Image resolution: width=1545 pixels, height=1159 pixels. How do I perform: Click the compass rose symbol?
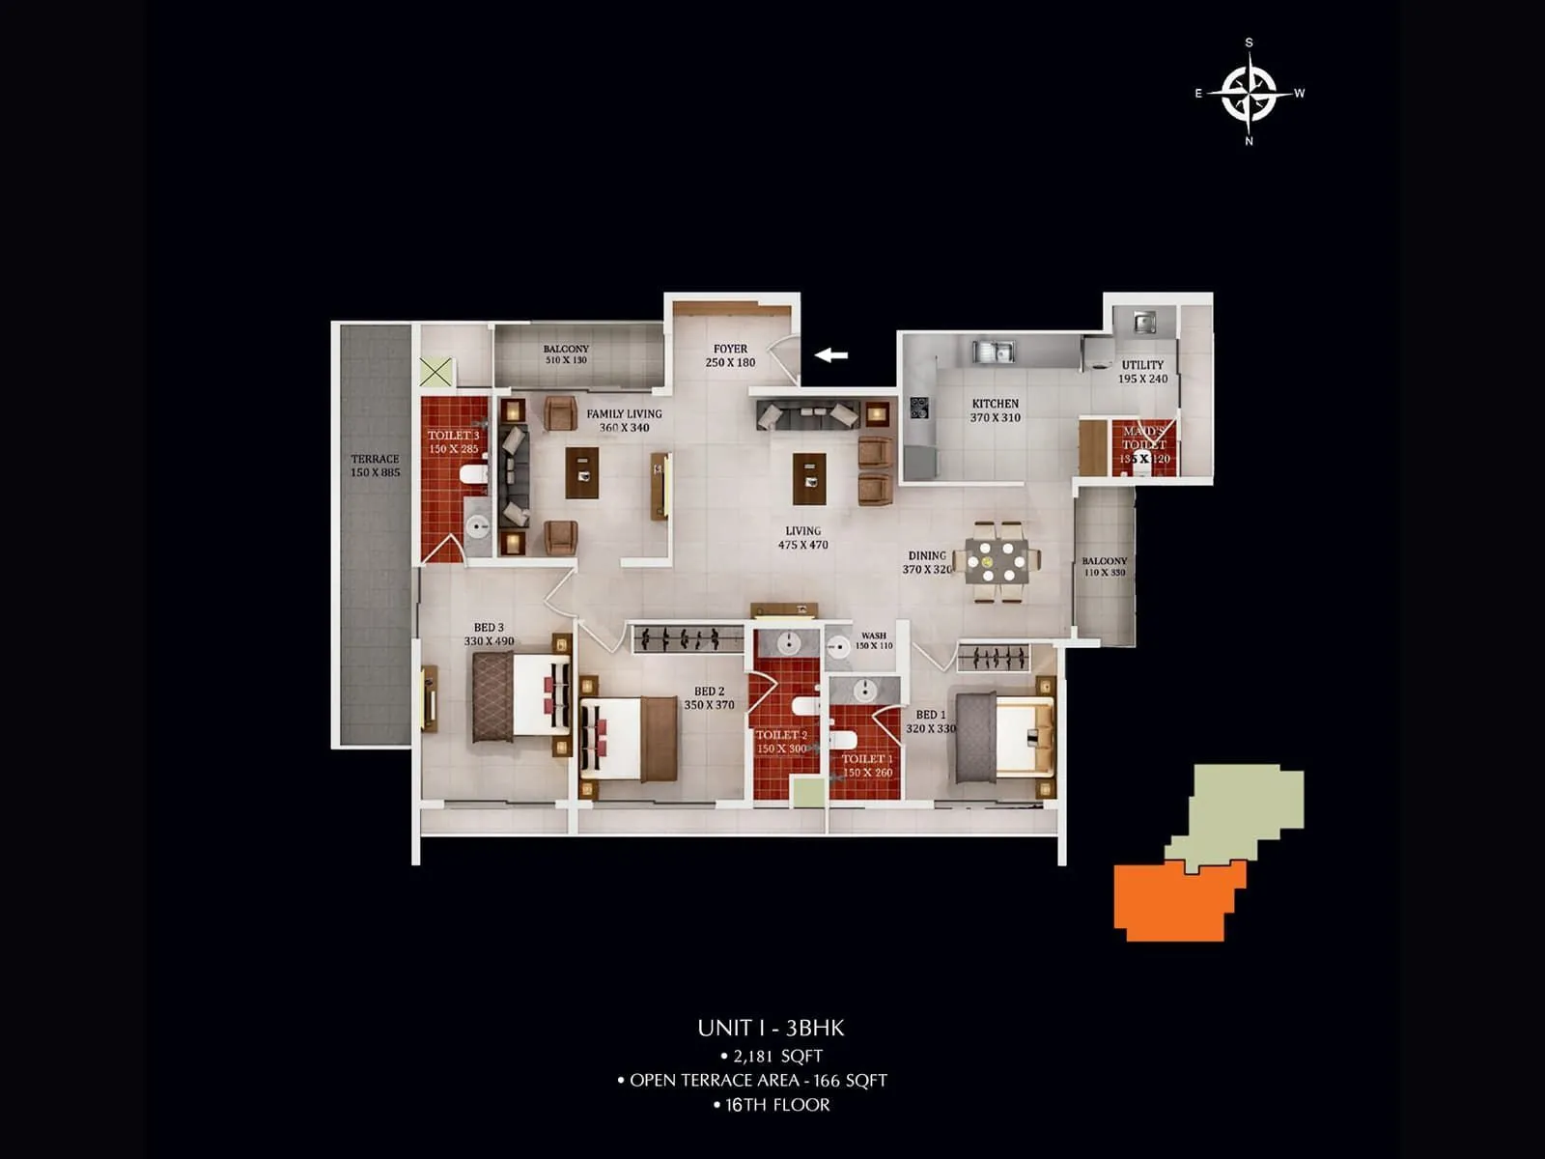(1250, 93)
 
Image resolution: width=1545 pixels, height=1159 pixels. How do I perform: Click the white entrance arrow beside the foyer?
(831, 355)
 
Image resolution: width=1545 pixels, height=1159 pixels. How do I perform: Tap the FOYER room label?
(730, 355)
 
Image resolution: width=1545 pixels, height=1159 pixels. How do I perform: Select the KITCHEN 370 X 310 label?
(995, 410)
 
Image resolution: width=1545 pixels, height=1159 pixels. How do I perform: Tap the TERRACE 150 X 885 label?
(375, 466)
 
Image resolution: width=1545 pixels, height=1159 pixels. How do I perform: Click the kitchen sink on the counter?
(993, 351)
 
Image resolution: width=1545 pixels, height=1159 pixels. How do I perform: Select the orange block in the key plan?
(1173, 900)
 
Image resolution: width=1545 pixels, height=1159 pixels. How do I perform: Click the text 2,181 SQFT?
(772, 1056)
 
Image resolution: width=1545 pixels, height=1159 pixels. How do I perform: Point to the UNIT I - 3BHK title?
(771, 1028)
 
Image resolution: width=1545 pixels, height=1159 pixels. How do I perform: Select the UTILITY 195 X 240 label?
(1142, 372)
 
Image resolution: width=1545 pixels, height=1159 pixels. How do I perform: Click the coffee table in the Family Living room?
(581, 472)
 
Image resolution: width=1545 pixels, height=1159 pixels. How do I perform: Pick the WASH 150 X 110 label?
(873, 640)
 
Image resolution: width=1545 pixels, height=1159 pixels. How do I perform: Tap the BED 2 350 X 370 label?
(709, 698)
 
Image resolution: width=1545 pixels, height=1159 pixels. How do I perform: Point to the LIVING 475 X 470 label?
(802, 538)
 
